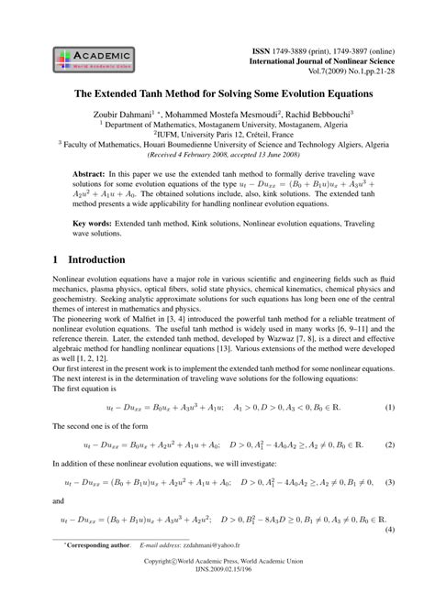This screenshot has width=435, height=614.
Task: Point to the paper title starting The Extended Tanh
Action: pos(217,94)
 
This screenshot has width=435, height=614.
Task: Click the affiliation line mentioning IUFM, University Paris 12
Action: pos(217,134)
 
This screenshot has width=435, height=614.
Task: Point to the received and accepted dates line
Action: pos(217,155)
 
